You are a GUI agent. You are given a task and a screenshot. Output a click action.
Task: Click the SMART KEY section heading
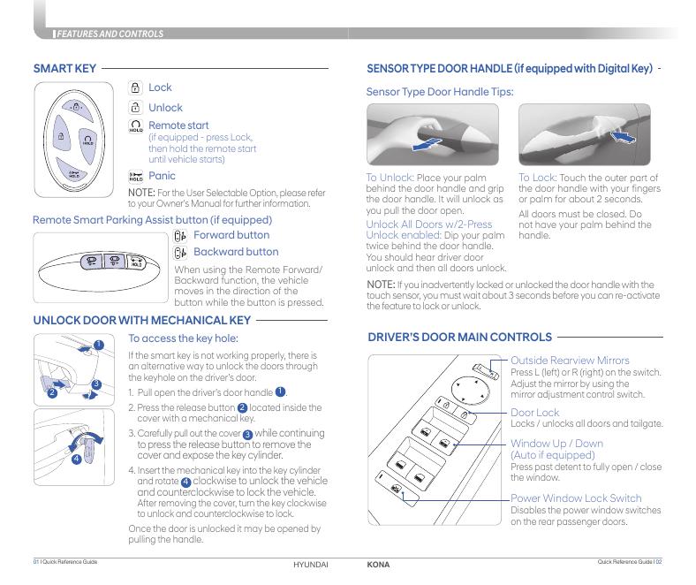pyautogui.click(x=64, y=68)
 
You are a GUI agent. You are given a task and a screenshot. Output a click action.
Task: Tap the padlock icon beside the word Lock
pyautogui.click(x=135, y=87)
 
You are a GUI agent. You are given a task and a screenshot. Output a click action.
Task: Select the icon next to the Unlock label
pyautogui.click(x=135, y=108)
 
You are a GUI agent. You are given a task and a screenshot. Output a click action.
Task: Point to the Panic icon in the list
pyautogui.click(x=136, y=177)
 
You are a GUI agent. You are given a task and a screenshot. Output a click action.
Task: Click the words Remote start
pyautogui.click(x=178, y=125)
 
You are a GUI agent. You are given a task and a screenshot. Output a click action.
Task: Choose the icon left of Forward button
pyautogui.click(x=180, y=236)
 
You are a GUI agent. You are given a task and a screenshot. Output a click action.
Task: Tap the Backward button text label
pyautogui.click(x=235, y=252)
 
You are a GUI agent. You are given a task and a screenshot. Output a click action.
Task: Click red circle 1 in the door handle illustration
pyautogui.click(x=99, y=344)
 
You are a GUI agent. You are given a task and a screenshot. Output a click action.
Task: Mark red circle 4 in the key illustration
pyautogui.click(x=76, y=459)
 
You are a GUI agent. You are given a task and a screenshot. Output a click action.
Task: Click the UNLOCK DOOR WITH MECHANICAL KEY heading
pyautogui.click(x=141, y=320)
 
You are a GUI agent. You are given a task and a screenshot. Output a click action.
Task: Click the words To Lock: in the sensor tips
pyautogui.click(x=538, y=178)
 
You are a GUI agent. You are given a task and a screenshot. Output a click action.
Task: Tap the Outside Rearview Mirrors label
pyautogui.click(x=570, y=361)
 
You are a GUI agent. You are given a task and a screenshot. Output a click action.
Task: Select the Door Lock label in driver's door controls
pyautogui.click(x=534, y=413)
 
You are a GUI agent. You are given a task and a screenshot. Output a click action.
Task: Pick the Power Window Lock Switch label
pyautogui.click(x=576, y=498)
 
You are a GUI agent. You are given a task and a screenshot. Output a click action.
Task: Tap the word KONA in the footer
pyautogui.click(x=378, y=564)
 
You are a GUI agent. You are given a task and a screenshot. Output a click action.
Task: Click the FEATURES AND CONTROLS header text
pyautogui.click(x=110, y=34)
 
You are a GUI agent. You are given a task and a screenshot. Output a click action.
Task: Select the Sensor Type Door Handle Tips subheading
pyautogui.click(x=439, y=91)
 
